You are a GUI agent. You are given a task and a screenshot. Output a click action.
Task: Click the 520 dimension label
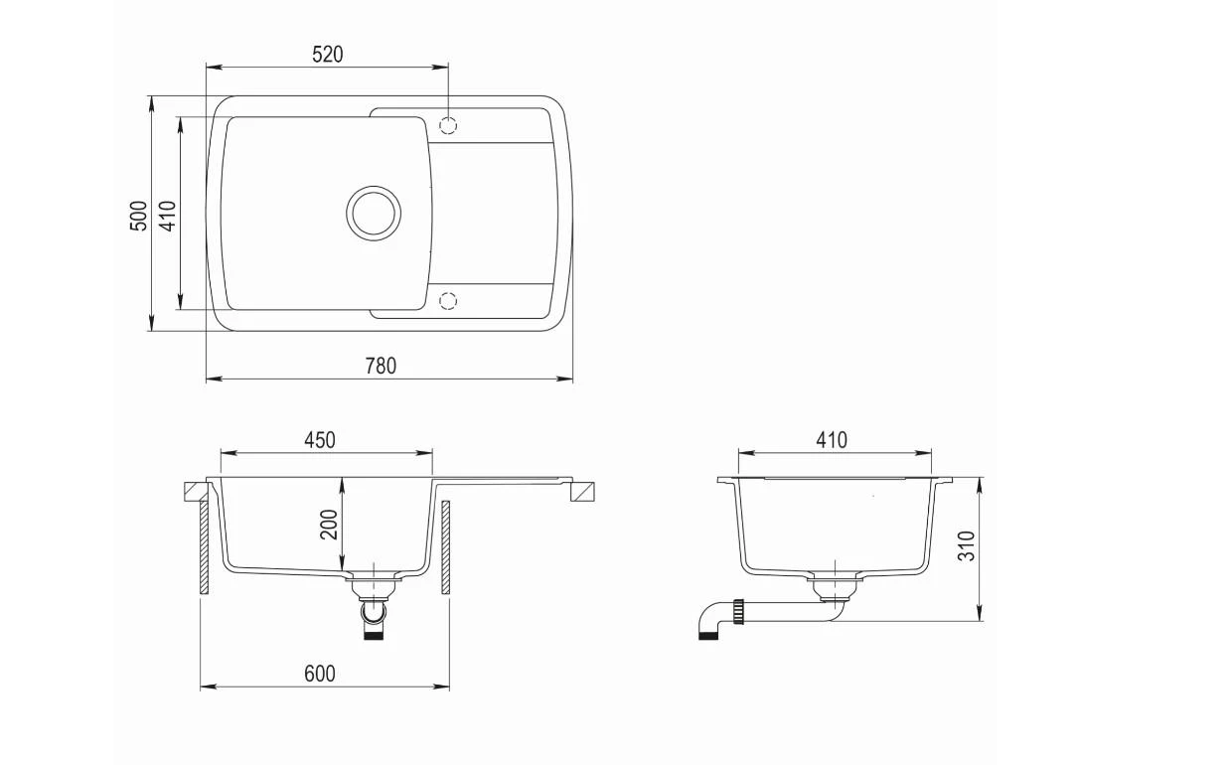click(327, 55)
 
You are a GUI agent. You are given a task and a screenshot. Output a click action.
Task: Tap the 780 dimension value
click(381, 366)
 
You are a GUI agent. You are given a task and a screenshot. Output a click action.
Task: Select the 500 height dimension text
click(139, 216)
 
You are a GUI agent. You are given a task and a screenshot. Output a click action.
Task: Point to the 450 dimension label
click(320, 440)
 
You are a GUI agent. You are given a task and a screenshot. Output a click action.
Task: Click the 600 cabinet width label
click(320, 674)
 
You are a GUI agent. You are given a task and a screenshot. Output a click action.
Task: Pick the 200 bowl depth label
click(329, 525)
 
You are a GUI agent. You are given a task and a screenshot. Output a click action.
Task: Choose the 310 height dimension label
click(967, 545)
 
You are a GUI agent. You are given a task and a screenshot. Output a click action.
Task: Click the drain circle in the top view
click(374, 214)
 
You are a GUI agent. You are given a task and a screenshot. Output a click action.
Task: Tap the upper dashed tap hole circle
click(448, 126)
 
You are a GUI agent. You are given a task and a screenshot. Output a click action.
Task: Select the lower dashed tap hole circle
click(448, 300)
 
